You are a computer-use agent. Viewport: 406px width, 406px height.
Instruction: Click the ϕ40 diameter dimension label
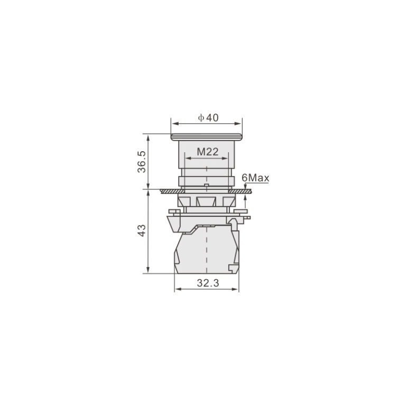click(x=208, y=118)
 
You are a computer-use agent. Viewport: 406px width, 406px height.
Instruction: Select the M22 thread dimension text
click(x=208, y=152)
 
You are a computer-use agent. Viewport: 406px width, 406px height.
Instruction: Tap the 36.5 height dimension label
click(x=142, y=162)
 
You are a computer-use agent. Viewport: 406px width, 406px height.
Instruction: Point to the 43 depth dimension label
click(x=142, y=230)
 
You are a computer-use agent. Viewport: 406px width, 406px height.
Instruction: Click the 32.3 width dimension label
click(x=208, y=283)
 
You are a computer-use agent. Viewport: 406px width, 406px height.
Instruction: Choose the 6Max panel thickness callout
click(x=255, y=178)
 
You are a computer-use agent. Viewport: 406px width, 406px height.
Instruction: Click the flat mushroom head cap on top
click(x=206, y=137)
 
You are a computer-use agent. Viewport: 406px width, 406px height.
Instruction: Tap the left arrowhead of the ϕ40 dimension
click(x=175, y=124)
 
